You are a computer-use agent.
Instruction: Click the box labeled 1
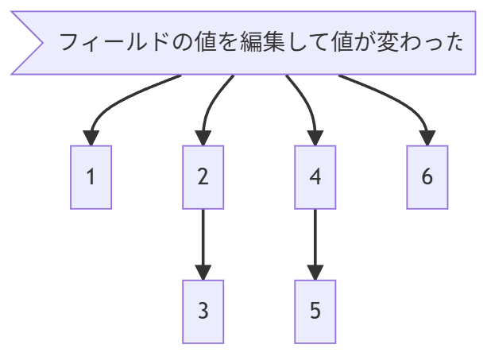pos(91,177)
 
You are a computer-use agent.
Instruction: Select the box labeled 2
pos(203,177)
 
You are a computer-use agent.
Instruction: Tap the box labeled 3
pos(203,312)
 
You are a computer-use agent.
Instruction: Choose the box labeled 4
pos(315,177)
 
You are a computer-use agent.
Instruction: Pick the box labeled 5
pos(315,312)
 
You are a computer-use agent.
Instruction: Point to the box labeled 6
pos(427,177)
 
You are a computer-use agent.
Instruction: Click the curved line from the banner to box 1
pos(119,99)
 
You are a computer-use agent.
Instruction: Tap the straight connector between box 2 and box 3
pos(203,238)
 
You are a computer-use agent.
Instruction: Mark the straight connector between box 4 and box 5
pos(315,238)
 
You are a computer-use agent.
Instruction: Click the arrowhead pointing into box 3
pos(203,273)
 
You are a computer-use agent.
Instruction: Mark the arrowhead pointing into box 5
pos(315,273)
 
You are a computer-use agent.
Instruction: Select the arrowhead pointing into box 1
pos(91,138)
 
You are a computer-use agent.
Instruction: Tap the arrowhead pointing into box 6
pos(427,138)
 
